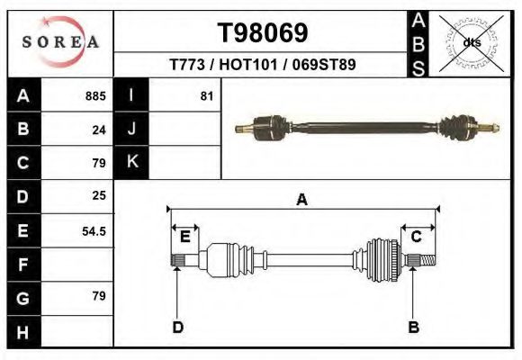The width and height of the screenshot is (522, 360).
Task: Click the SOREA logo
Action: point(60,41)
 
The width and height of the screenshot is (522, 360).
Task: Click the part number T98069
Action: point(264,33)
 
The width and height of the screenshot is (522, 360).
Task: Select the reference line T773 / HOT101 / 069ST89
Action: point(264,65)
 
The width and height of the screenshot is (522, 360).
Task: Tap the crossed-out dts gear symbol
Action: point(469,42)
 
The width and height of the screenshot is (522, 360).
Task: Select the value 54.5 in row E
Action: point(94,230)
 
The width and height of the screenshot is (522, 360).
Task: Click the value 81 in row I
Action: point(206,95)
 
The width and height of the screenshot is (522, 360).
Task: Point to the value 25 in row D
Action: point(99,195)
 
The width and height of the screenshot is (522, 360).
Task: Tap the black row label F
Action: point(22,265)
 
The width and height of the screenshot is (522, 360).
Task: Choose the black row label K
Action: point(131,162)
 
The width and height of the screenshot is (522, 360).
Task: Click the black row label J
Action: point(131,129)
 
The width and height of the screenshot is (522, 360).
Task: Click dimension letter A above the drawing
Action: point(302,201)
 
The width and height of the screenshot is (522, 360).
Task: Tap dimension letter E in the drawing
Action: point(184,237)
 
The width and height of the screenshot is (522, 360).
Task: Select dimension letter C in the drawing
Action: point(417,237)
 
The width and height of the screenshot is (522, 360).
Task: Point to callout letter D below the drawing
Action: point(178,327)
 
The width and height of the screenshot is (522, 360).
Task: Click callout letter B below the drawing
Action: point(414,327)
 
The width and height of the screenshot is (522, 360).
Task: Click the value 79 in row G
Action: point(99,296)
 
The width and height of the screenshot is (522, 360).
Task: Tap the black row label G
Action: point(22,298)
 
